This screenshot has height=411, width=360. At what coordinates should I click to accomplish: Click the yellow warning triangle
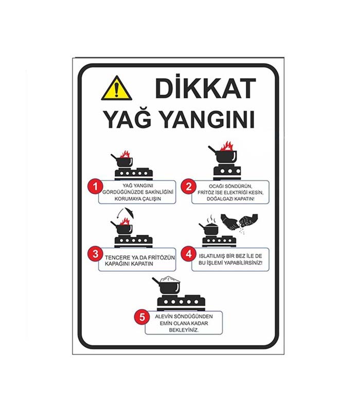point(117,88)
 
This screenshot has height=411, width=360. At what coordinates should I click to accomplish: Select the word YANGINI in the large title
point(207,120)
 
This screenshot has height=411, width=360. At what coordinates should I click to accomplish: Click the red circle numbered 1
point(95,186)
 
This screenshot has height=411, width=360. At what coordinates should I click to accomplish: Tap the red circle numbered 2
point(188,186)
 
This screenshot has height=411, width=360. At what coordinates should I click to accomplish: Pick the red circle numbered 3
point(95,254)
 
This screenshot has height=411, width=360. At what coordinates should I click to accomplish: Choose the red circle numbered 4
point(188,254)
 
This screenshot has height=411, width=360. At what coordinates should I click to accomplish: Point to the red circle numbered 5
point(142,317)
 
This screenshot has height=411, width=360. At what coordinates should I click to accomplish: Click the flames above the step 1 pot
point(125,155)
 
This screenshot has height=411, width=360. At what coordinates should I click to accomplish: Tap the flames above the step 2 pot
point(226,146)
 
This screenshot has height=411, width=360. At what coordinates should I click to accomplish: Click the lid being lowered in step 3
point(130,213)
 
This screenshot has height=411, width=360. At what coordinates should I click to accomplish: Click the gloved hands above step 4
point(239,222)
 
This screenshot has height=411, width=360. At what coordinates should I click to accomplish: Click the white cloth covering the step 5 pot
point(171,279)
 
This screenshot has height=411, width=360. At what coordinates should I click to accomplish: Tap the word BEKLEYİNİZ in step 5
point(184,330)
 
